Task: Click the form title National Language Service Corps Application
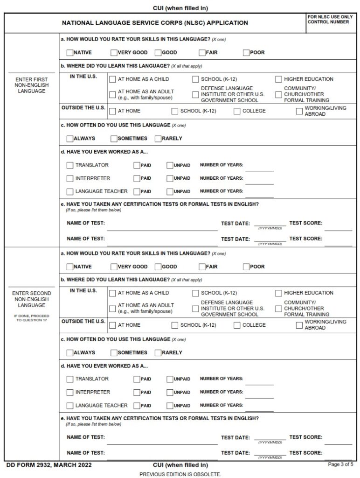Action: pyautogui.click(x=155, y=23)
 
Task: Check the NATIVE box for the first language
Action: pyautogui.click(x=70, y=53)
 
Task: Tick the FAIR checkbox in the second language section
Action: pyautogui.click(x=202, y=267)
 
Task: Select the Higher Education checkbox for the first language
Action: pyautogui.click(x=278, y=79)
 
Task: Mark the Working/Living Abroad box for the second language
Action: pyautogui.click(x=299, y=325)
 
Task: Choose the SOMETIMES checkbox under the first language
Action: pyautogui.click(x=114, y=139)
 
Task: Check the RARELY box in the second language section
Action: pyautogui.click(x=158, y=353)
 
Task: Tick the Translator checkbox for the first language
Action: pyautogui.click(x=70, y=165)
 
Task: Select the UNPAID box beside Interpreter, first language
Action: pyautogui.click(x=170, y=178)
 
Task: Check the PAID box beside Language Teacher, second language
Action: pyautogui.click(x=137, y=406)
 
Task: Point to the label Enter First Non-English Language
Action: pyautogui.click(x=31, y=85)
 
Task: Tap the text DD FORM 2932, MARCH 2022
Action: pyautogui.click(x=49, y=465)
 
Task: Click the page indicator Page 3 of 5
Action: pyautogui.click(x=341, y=464)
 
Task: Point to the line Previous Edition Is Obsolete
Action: pyautogui.click(x=180, y=474)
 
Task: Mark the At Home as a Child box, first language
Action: pyautogui.click(x=112, y=79)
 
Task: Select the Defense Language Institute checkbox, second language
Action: pyautogui.click(x=195, y=309)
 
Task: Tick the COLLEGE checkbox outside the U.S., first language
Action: pyautogui.click(x=237, y=111)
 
